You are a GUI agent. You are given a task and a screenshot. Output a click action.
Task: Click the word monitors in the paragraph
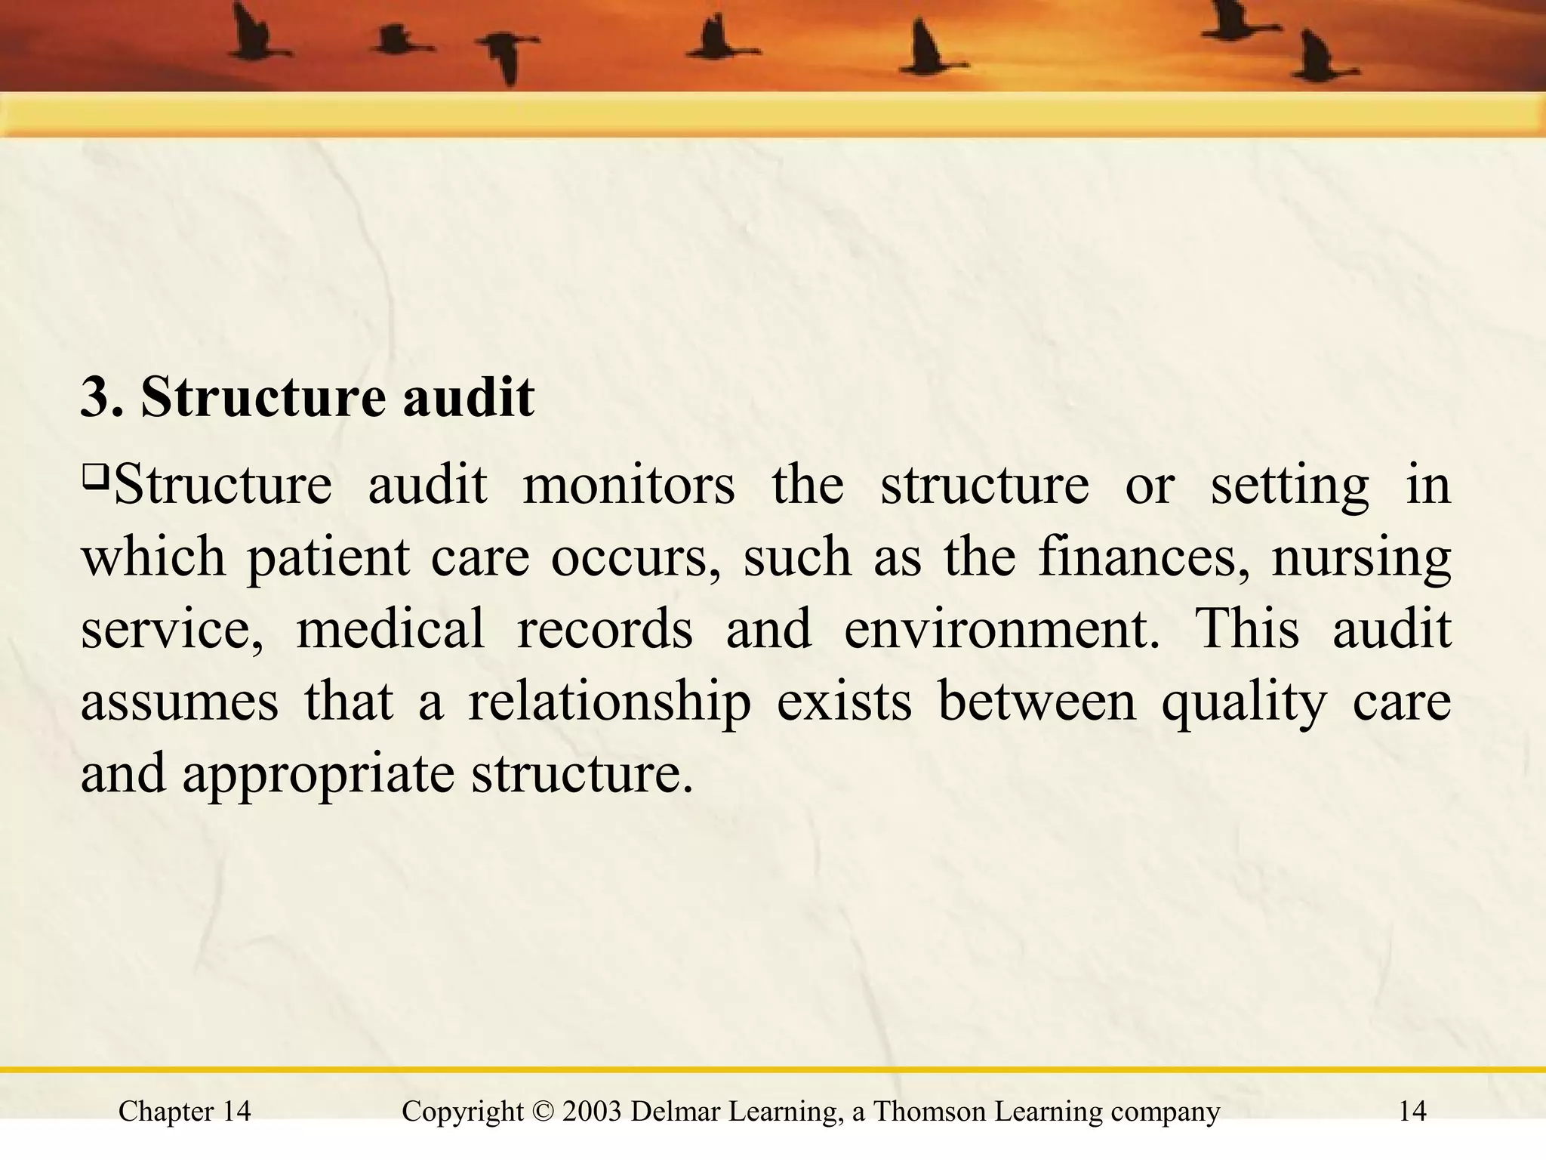(628, 485)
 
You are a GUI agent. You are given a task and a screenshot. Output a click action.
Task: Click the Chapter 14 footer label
(185, 1112)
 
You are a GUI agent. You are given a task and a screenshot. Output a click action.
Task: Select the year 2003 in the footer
(592, 1112)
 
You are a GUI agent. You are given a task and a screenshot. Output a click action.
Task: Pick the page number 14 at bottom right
(1412, 1112)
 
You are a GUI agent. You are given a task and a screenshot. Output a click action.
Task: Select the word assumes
(179, 702)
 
